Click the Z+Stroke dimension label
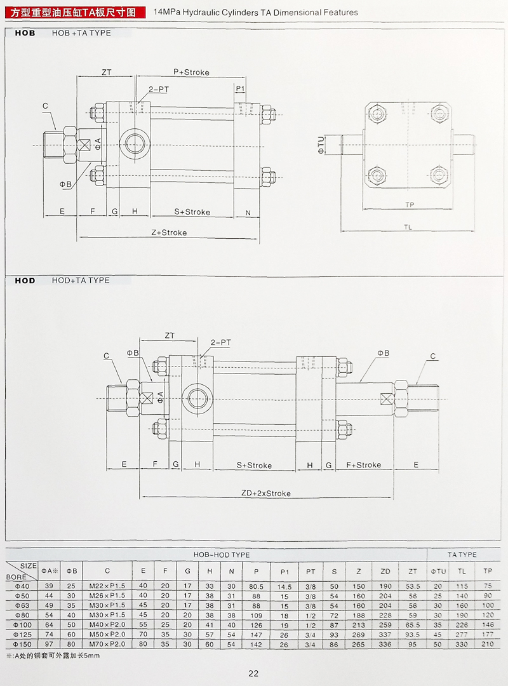(169, 233)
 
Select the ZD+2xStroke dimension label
(265, 494)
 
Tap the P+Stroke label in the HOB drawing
(191, 72)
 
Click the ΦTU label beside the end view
(321, 145)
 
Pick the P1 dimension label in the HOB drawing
(240, 88)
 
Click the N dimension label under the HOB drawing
(248, 212)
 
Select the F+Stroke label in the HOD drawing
(364, 465)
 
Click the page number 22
(253, 674)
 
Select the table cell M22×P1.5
(107, 586)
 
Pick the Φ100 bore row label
(22, 624)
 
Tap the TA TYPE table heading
(462, 555)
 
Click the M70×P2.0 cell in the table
(107, 644)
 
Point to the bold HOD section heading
(25, 280)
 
